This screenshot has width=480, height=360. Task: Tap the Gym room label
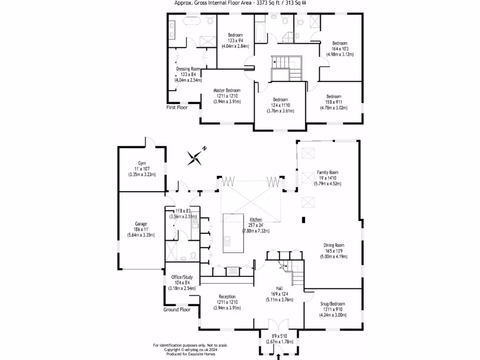(142, 163)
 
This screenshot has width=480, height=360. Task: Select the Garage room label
(142, 224)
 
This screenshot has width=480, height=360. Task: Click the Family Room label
(327, 172)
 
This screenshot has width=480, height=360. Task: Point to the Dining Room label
(333, 245)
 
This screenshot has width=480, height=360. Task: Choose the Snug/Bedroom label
(333, 304)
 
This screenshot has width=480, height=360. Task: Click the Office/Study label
(182, 277)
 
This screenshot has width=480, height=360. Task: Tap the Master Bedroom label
(227, 90)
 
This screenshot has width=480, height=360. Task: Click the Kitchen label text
(255, 219)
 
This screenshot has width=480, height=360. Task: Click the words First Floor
(177, 107)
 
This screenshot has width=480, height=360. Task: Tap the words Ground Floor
(177, 310)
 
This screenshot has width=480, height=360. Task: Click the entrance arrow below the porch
(279, 357)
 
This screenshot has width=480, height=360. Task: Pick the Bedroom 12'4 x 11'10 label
(280, 100)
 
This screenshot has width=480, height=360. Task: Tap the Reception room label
(227, 297)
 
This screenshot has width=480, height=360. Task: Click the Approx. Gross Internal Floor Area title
(240, 3)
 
